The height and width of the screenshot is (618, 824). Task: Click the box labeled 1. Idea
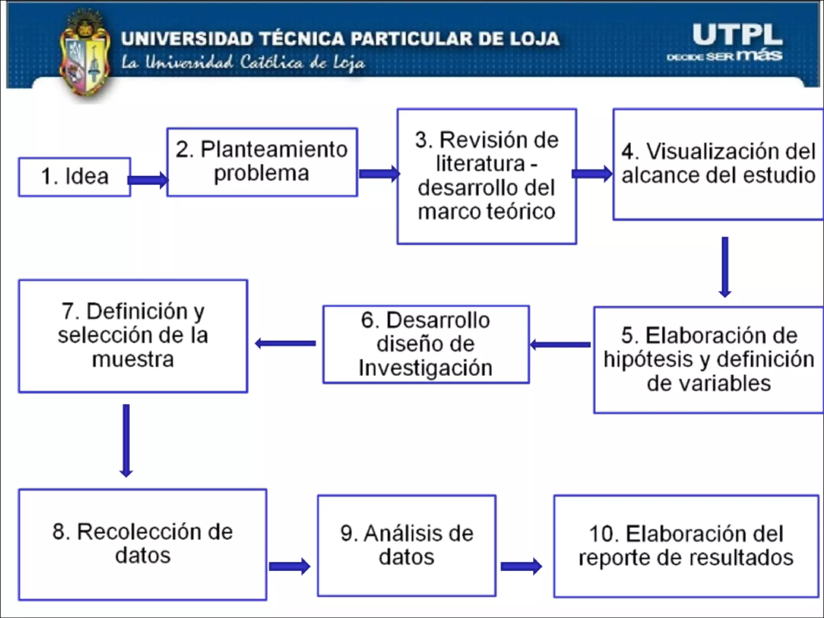[x=75, y=177]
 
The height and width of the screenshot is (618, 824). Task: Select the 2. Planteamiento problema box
[x=262, y=162]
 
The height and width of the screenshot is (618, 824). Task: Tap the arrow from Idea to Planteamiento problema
[x=148, y=180]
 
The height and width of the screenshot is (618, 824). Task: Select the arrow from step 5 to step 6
[x=560, y=345]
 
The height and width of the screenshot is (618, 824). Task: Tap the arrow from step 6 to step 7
[x=286, y=343]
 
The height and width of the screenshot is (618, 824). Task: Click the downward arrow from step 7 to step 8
[x=126, y=441]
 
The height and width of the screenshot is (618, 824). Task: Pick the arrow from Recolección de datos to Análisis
[x=289, y=566]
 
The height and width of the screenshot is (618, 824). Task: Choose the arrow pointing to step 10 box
[x=521, y=566]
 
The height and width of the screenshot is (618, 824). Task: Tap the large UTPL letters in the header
[x=737, y=35]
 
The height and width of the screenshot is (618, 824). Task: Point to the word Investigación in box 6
[x=426, y=368]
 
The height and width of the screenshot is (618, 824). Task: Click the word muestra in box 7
[x=133, y=359]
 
